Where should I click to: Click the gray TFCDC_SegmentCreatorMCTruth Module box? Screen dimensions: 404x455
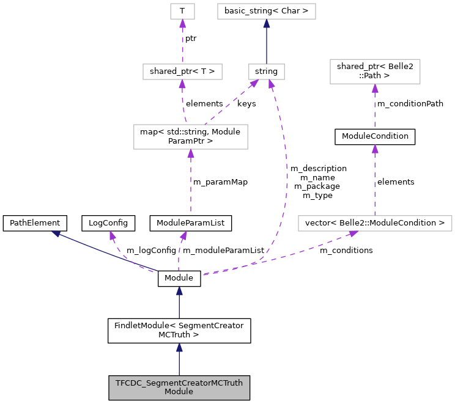click(179, 387)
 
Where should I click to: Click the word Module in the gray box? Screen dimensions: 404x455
click(179, 392)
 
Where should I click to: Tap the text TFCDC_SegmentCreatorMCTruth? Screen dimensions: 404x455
click(179, 383)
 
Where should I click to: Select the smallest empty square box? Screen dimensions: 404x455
click(182, 11)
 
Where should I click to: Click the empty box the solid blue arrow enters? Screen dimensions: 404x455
click(266, 11)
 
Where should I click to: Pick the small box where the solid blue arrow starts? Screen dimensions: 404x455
click(266, 72)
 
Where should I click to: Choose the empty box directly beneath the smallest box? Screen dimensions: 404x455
click(182, 72)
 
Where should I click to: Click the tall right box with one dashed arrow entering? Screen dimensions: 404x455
click(375, 72)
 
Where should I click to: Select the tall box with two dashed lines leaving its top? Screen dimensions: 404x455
click(191, 137)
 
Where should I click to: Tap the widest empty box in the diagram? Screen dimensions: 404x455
click(375, 223)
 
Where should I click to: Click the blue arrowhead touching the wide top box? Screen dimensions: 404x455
click(267, 24)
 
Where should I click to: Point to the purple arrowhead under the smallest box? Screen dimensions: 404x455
click(182, 24)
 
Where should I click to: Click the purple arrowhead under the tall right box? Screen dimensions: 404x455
click(375, 89)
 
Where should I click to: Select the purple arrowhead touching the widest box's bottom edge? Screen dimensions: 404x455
click(353, 233)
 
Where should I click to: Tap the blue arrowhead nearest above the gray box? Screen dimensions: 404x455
click(179, 348)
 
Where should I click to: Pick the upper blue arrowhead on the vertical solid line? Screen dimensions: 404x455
click(179, 291)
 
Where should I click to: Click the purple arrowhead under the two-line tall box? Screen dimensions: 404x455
click(191, 154)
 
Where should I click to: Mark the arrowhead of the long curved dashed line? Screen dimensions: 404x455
click(271, 84)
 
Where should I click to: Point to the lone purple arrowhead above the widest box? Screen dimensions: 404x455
click(375, 149)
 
